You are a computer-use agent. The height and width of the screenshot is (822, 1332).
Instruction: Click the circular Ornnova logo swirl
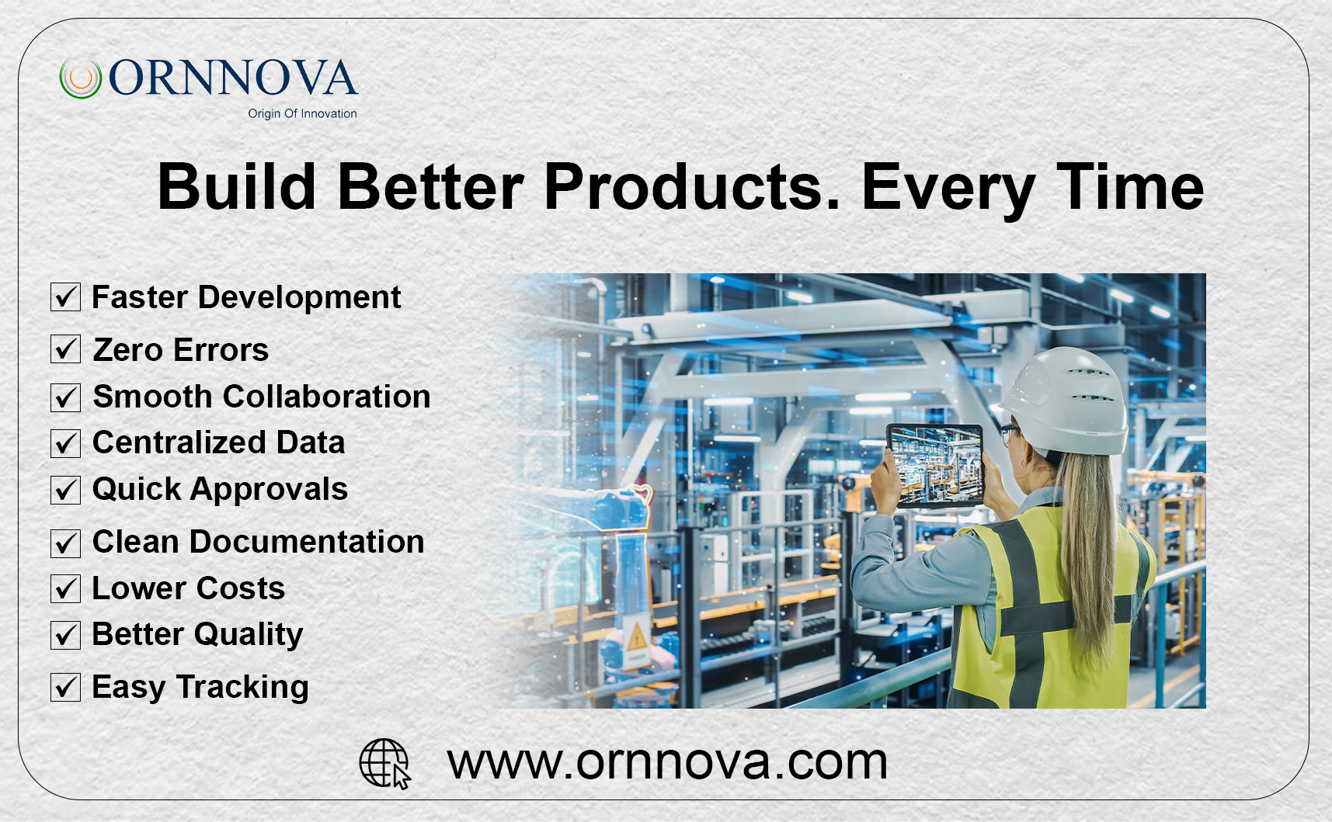click(x=81, y=78)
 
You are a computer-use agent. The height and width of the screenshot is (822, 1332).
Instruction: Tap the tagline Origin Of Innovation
click(x=302, y=113)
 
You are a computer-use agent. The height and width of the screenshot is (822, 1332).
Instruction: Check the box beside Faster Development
click(x=66, y=297)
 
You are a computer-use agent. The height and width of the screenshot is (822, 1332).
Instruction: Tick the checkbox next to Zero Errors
click(x=66, y=349)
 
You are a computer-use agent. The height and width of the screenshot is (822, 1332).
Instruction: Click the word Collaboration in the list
click(x=327, y=397)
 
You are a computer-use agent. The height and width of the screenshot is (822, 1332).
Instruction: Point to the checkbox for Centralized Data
click(x=66, y=443)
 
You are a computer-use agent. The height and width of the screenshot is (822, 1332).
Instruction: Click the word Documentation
click(x=307, y=542)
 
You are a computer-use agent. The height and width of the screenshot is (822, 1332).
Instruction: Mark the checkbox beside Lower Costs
click(x=66, y=588)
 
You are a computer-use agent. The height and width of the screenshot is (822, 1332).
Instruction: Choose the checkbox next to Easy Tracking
click(x=66, y=687)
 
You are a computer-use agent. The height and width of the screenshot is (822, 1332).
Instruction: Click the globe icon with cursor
click(x=384, y=763)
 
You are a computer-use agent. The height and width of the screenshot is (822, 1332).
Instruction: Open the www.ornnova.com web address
click(x=667, y=762)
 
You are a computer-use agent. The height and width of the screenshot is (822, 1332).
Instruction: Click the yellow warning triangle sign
click(x=637, y=639)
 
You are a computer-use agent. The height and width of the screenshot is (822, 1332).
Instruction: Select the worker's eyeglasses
click(x=1009, y=432)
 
